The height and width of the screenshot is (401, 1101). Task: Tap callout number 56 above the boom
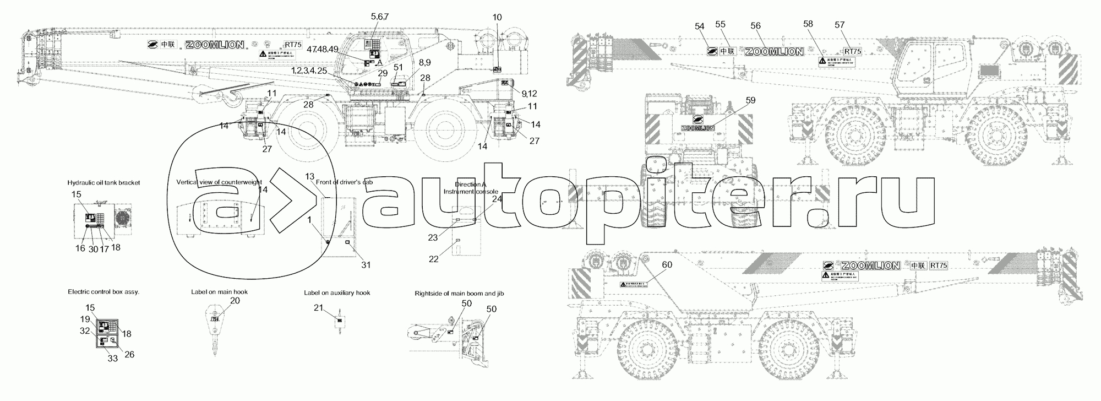coord(755,26)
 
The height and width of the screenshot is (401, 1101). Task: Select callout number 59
coord(751,100)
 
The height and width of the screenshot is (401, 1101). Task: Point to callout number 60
coord(667,265)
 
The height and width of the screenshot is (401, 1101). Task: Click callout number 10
coord(497,18)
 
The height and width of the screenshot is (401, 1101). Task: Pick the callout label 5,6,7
coord(380,17)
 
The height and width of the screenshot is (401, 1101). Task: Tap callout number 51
coord(398,67)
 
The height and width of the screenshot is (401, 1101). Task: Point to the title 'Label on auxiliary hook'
coord(337,292)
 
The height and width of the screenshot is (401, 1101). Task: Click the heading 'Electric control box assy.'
coord(103,292)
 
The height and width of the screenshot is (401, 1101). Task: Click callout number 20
coord(235,301)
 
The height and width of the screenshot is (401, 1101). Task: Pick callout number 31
coord(366,265)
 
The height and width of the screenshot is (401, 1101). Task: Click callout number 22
coord(434,259)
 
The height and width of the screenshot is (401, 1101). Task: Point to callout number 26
coord(129,355)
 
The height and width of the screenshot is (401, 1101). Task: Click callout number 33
coord(112,358)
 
